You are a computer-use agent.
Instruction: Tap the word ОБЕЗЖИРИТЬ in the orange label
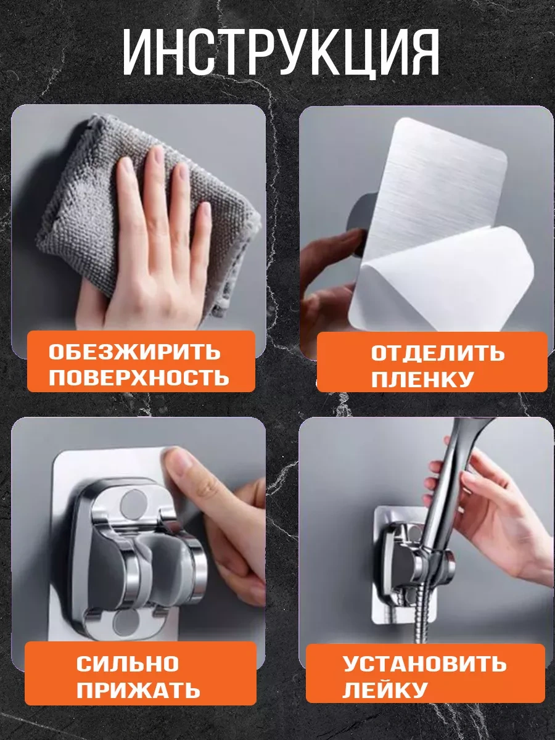click(x=134, y=352)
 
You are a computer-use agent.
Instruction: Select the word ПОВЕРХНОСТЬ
click(x=139, y=377)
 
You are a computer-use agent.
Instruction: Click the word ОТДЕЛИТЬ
click(x=437, y=353)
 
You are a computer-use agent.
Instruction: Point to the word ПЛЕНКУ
click(x=422, y=379)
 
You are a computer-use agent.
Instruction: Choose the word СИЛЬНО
click(x=128, y=664)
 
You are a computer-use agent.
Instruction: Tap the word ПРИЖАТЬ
click(x=139, y=689)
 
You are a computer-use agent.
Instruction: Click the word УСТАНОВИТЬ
click(x=424, y=664)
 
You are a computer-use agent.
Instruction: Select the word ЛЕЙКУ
click(x=385, y=689)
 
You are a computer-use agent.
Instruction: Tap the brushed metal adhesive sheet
click(x=432, y=179)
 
